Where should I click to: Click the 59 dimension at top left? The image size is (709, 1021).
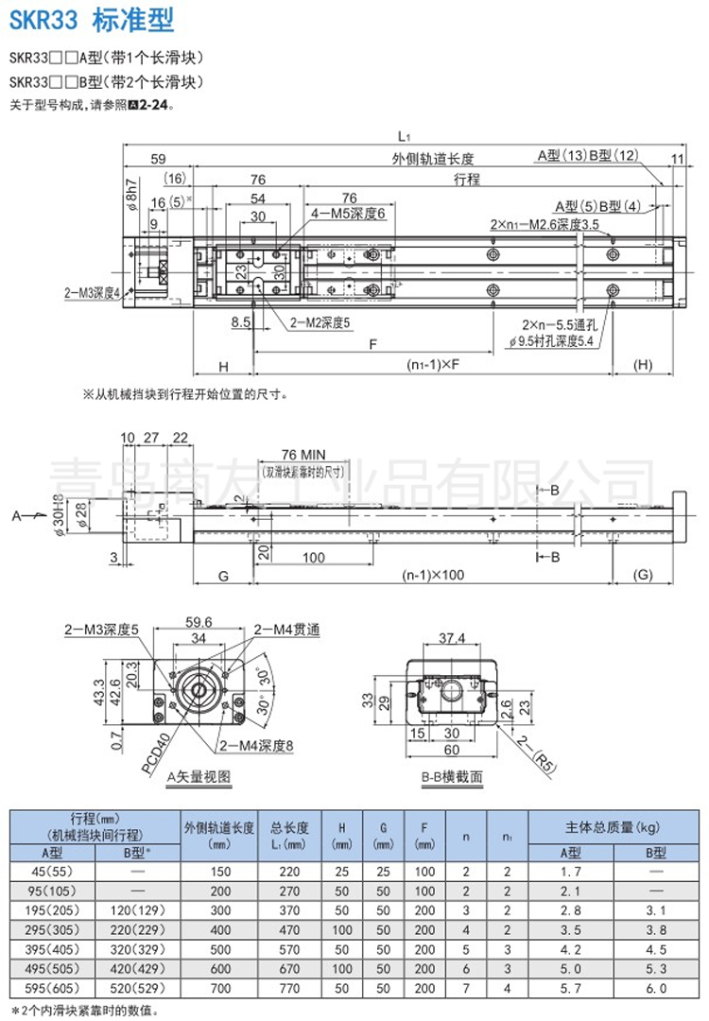[158, 158]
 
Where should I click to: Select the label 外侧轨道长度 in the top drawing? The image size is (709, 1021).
[433, 158]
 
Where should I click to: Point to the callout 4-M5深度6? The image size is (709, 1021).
[350, 215]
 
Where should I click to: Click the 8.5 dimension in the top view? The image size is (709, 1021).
[241, 322]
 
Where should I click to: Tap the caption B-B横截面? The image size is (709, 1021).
[452, 777]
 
